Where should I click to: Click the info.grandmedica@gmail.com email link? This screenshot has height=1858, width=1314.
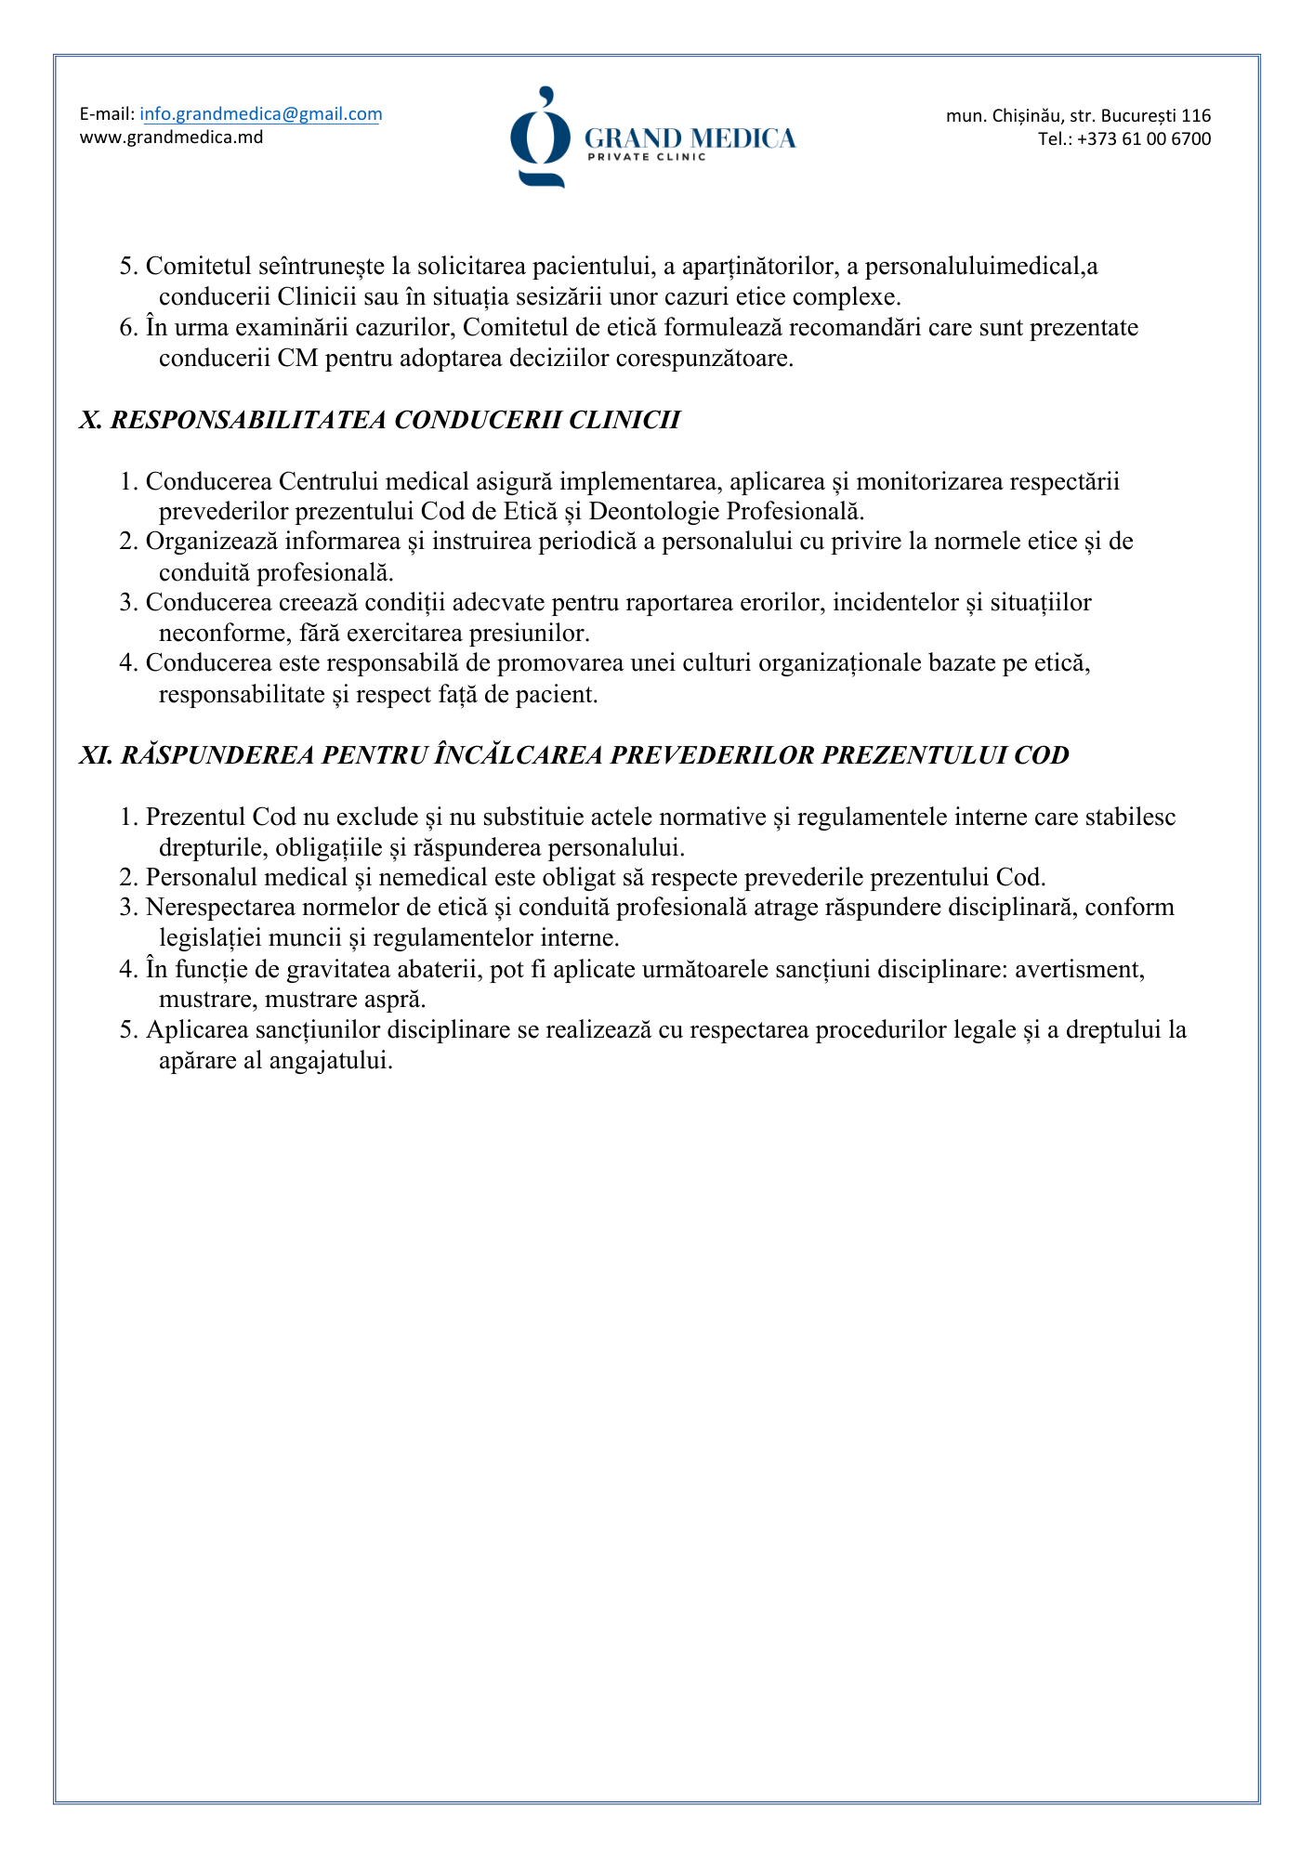pos(261,114)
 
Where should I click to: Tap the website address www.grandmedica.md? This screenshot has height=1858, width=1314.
pos(171,137)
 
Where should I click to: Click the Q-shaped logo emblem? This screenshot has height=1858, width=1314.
pos(540,137)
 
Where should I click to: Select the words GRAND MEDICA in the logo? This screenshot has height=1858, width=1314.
pos(690,138)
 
